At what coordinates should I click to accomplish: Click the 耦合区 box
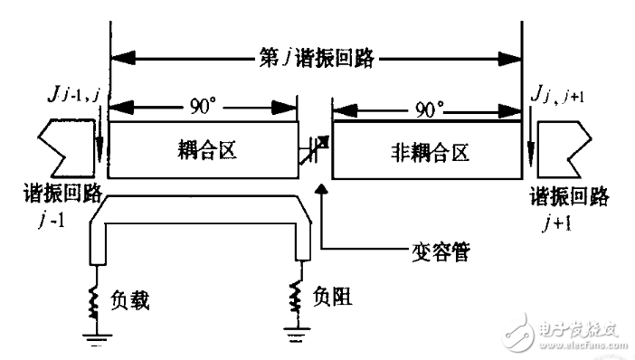click(x=204, y=151)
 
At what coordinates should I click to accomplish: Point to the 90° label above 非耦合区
click(x=427, y=111)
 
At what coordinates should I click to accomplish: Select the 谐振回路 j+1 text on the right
click(x=570, y=206)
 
